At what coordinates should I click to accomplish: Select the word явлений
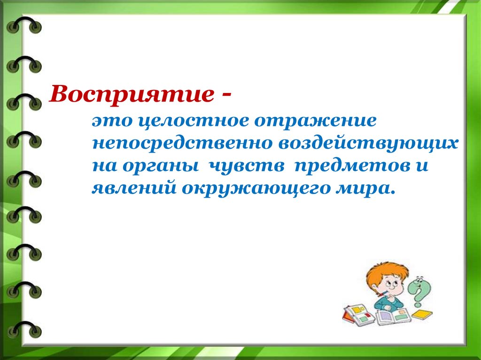point(134,187)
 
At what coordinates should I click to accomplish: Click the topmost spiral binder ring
point(24,24)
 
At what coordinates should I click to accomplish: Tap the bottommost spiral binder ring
point(24,329)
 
